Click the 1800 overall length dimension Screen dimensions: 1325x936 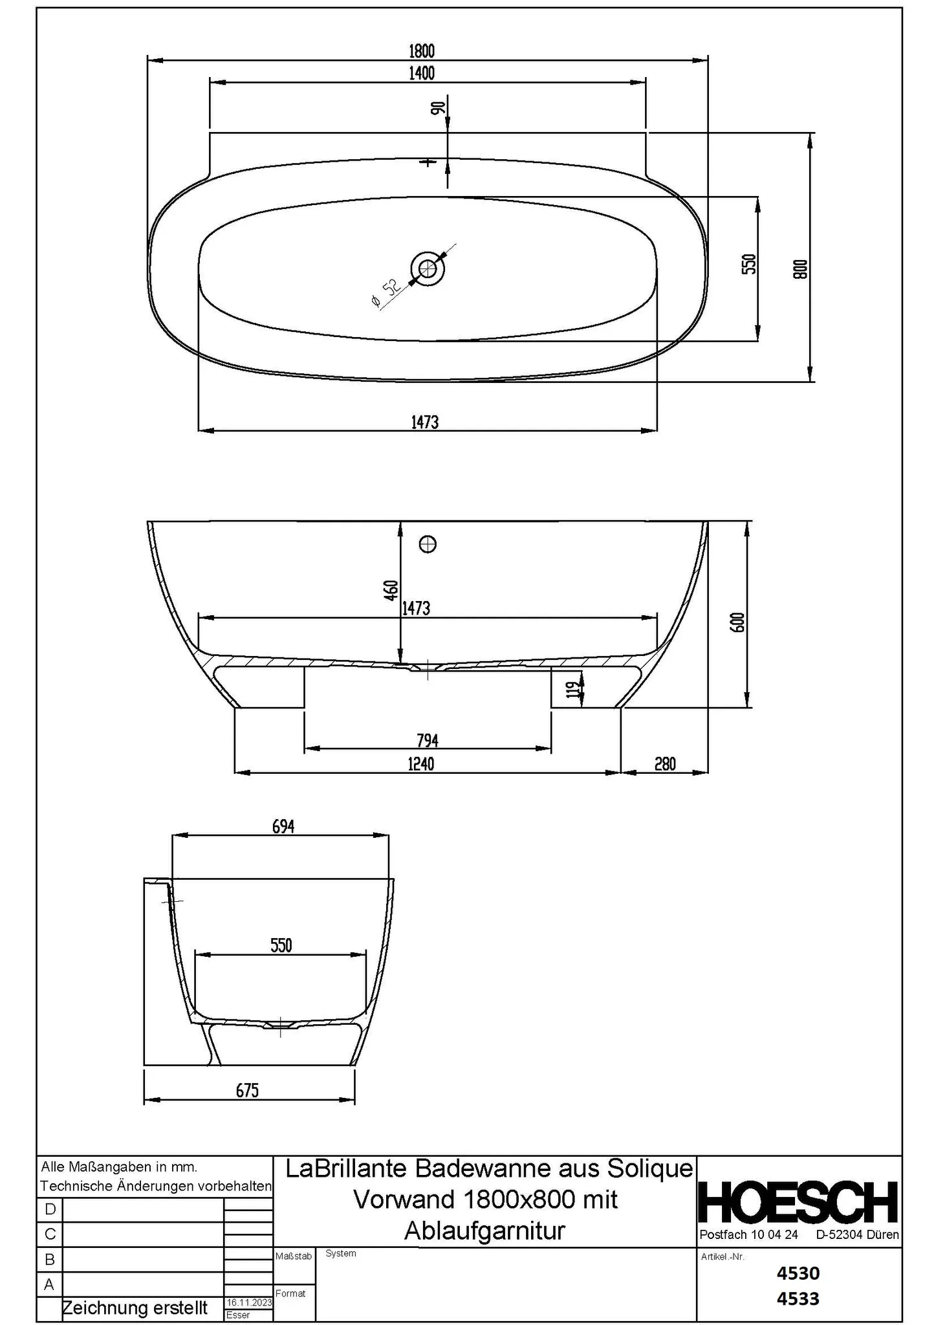421,50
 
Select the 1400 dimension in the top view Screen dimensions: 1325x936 421,73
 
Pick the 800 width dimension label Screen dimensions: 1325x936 800,269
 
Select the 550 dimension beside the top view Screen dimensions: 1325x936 748,264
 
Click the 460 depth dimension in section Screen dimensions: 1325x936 391,591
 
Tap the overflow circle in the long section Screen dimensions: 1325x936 428,545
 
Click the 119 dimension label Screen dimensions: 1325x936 571,690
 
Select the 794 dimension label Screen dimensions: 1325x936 428,740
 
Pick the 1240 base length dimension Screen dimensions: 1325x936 420,764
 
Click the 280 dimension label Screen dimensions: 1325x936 664,764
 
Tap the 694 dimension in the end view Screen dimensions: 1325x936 283,827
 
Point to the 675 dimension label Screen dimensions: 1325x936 247,1091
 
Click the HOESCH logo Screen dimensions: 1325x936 798,1202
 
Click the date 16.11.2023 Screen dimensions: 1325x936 248,1302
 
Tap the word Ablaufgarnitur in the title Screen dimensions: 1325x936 484,1230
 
